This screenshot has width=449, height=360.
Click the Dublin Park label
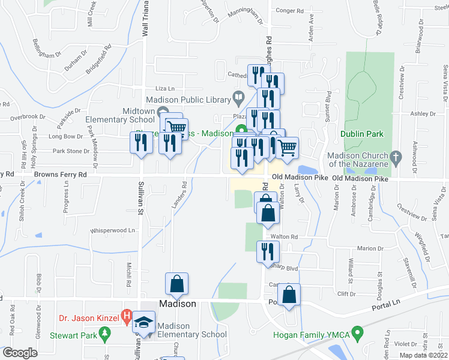click(361, 134)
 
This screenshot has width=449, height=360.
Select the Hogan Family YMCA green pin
click(358, 331)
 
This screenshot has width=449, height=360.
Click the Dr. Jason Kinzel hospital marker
click(126, 314)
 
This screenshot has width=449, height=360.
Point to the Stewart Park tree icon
click(106, 332)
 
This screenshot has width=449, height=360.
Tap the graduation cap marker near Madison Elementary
click(144, 323)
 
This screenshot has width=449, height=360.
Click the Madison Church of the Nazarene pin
click(395, 157)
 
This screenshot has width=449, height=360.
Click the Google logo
click(19, 352)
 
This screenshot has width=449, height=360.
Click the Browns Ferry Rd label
click(60, 175)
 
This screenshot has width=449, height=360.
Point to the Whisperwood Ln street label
click(112, 230)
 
